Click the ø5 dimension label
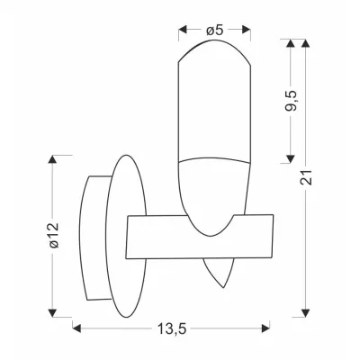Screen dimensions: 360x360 215,30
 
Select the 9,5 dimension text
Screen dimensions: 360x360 291,100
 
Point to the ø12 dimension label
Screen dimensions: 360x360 54,236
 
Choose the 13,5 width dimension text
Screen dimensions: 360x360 172,329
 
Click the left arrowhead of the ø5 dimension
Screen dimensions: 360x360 183,29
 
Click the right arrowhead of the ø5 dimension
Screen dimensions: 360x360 247,29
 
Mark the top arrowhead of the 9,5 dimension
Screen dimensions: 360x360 290,43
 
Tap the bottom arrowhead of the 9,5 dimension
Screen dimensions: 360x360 290,159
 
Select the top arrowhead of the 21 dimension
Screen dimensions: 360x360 305,43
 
